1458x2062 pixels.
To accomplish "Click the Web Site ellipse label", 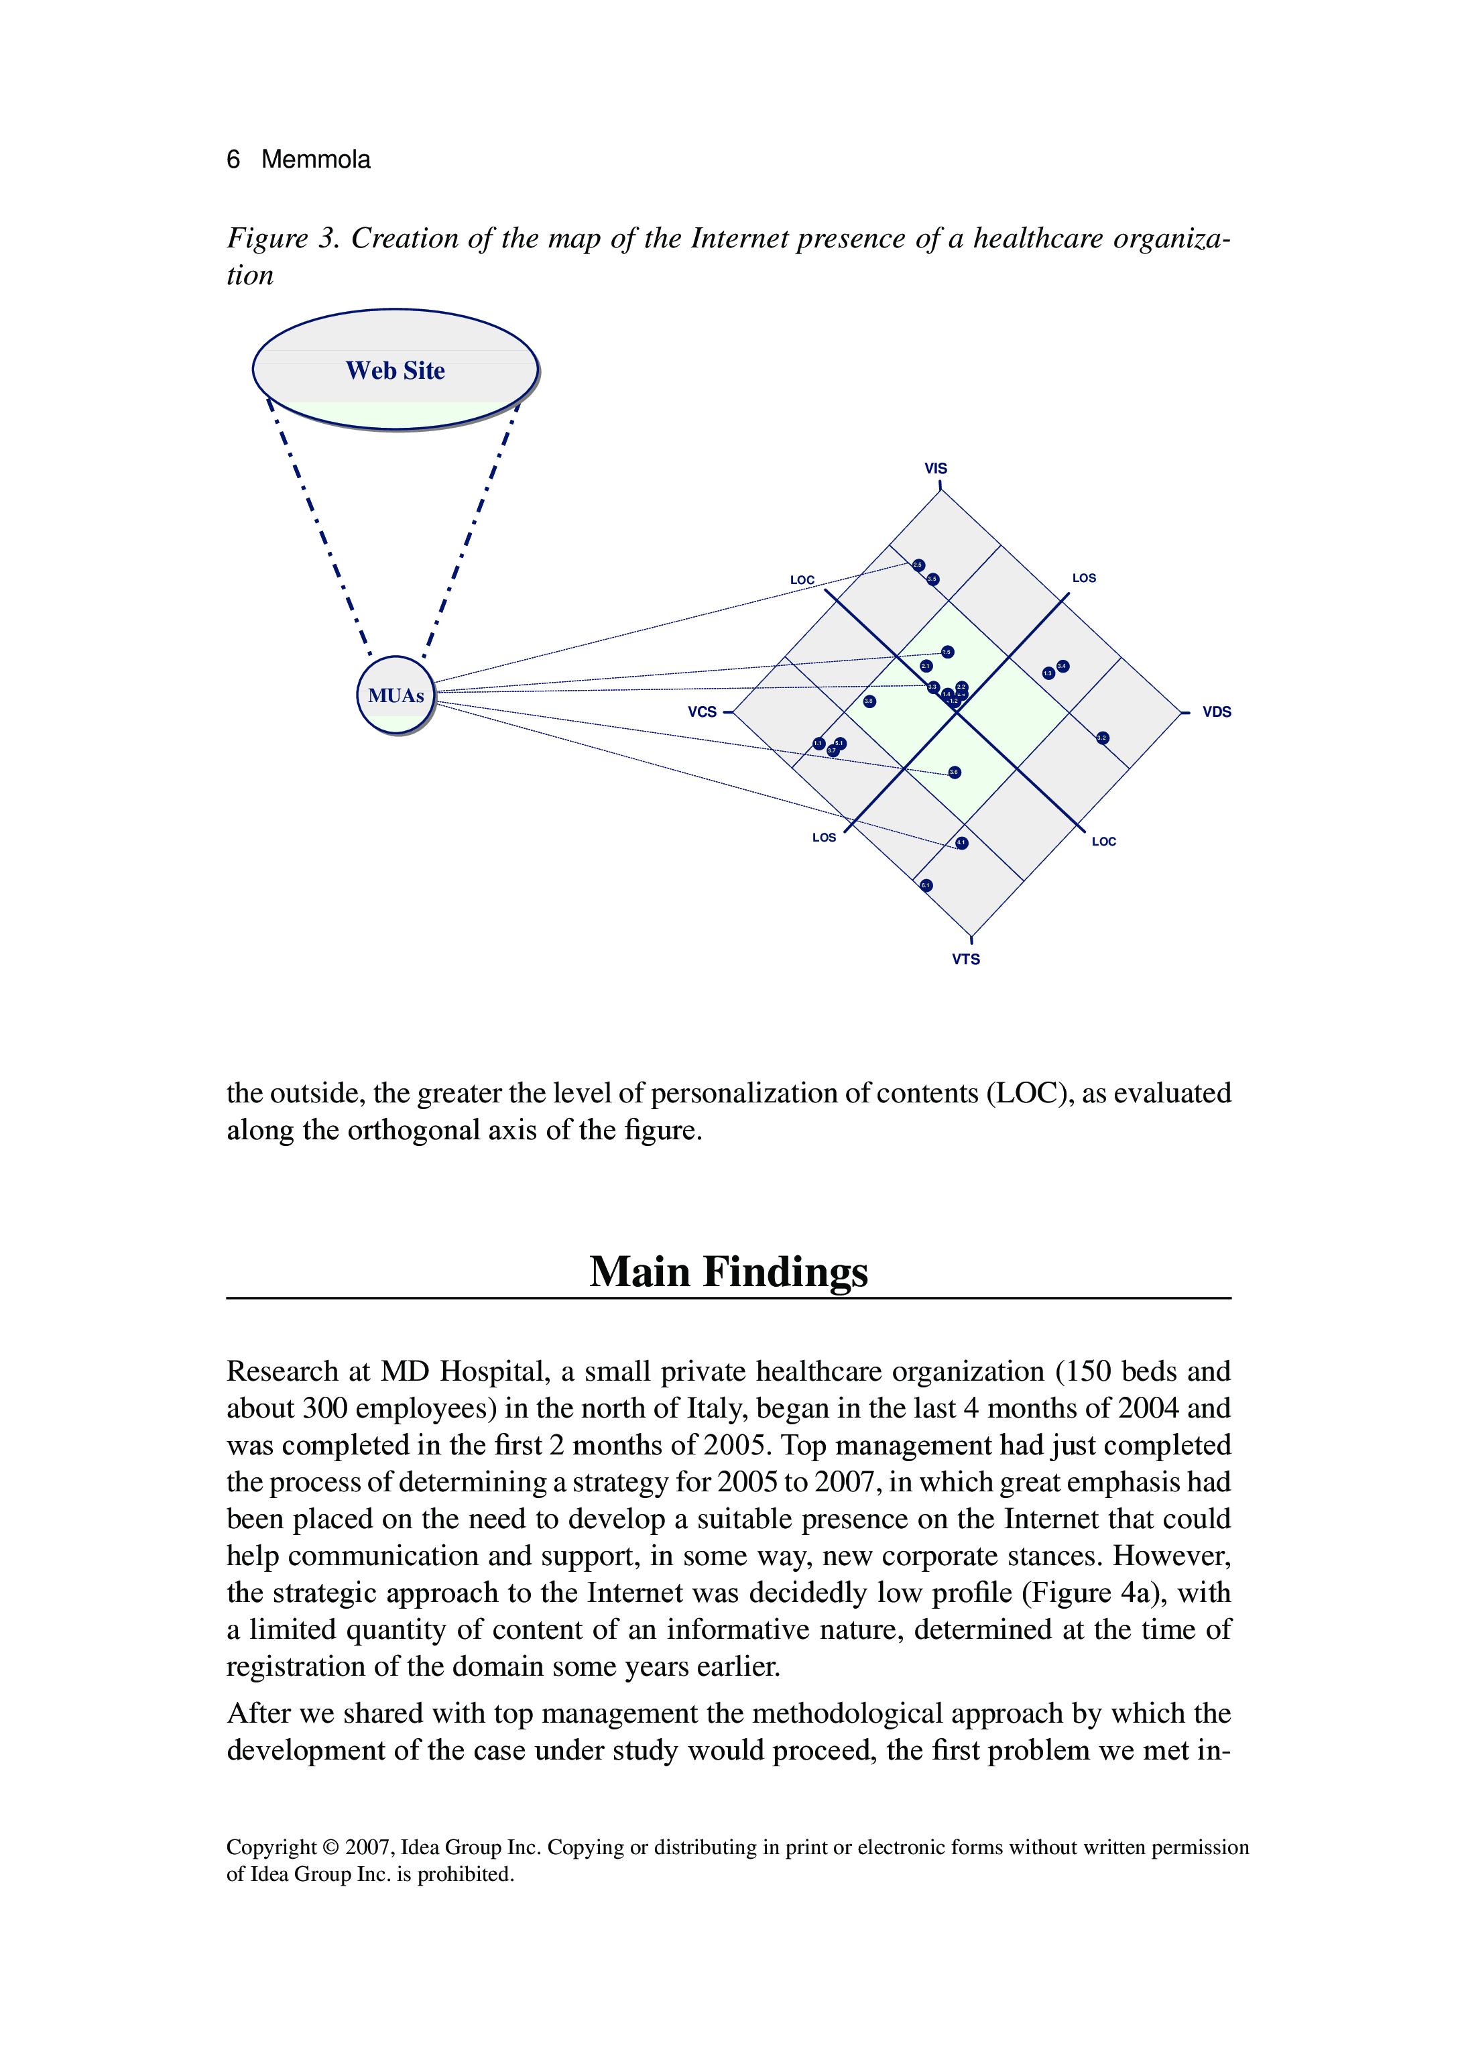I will click(x=395, y=370).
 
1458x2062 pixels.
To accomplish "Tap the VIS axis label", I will click(x=936, y=468).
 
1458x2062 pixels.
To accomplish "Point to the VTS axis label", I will click(x=966, y=959).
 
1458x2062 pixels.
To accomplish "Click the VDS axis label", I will click(x=1217, y=711).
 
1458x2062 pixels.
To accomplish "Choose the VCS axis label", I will click(x=702, y=711).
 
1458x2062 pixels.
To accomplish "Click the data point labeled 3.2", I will click(x=1103, y=738).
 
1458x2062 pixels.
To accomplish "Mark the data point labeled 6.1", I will click(x=926, y=886).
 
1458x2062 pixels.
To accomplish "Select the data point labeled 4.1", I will click(x=961, y=844).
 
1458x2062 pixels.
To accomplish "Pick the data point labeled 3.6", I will click(x=955, y=772).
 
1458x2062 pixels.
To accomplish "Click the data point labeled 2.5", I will click(x=918, y=565).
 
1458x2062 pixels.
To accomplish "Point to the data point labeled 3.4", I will click(x=1063, y=667).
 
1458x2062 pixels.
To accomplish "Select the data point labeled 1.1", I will click(x=818, y=744).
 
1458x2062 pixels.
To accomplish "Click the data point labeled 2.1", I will click(x=926, y=667).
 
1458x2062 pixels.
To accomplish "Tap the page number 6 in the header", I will click(x=233, y=160).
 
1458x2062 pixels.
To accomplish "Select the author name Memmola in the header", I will click(x=315, y=160).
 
